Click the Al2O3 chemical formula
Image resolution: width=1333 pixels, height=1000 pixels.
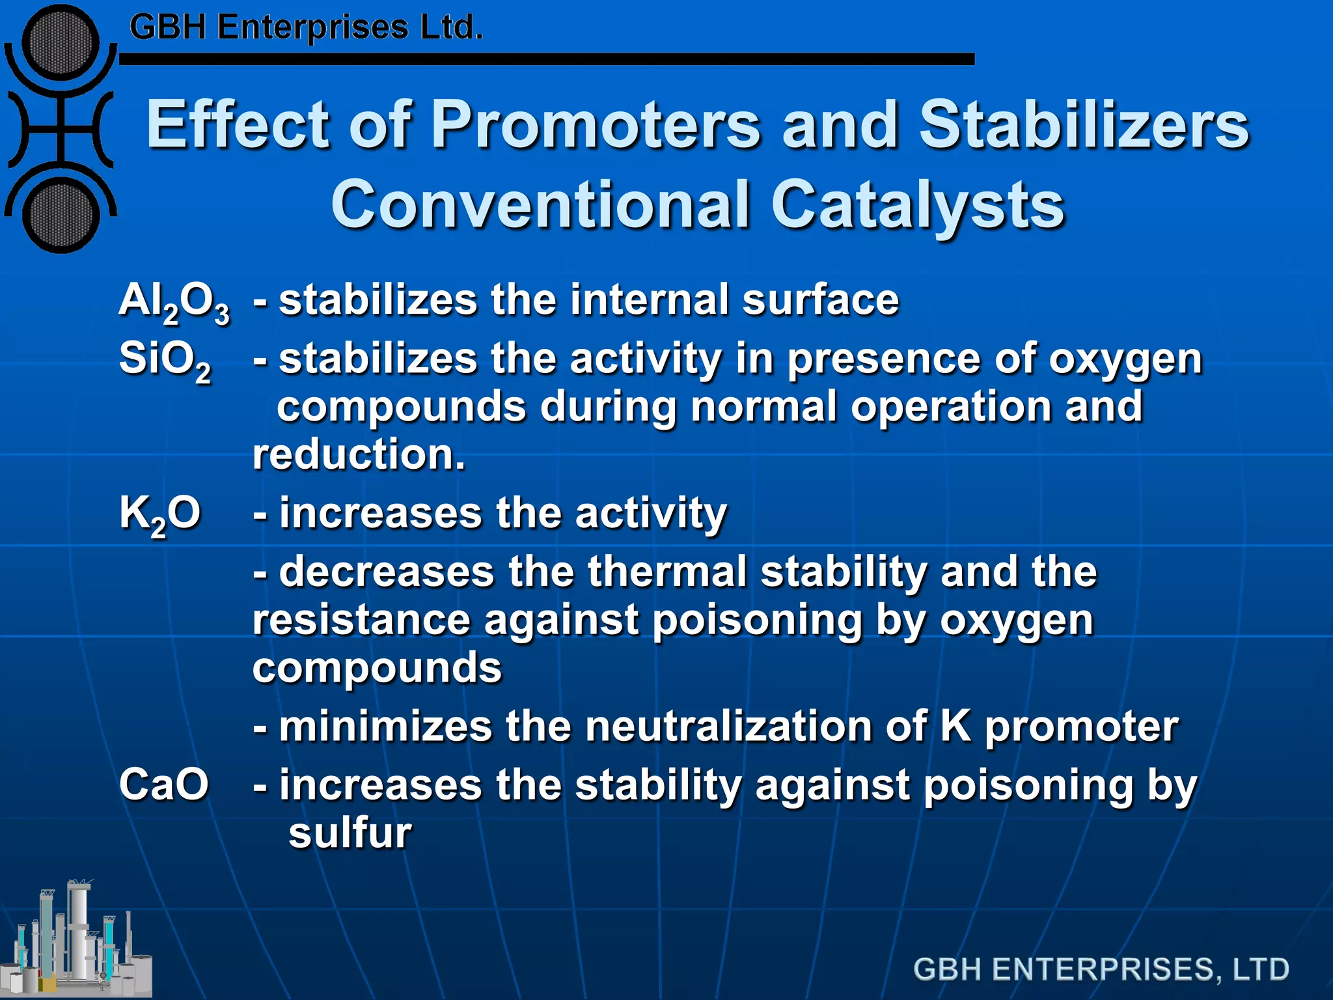(174, 302)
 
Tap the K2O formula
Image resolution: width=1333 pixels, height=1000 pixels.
(159, 514)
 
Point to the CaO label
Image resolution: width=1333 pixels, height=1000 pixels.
(163, 785)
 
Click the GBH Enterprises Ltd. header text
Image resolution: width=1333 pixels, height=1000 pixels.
(306, 28)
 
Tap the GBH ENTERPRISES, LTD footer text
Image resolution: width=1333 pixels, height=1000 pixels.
(1101, 969)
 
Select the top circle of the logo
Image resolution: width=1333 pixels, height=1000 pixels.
(61, 42)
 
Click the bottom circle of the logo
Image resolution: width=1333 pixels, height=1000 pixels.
(61, 214)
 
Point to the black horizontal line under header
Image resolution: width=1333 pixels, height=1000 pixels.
(547, 59)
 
